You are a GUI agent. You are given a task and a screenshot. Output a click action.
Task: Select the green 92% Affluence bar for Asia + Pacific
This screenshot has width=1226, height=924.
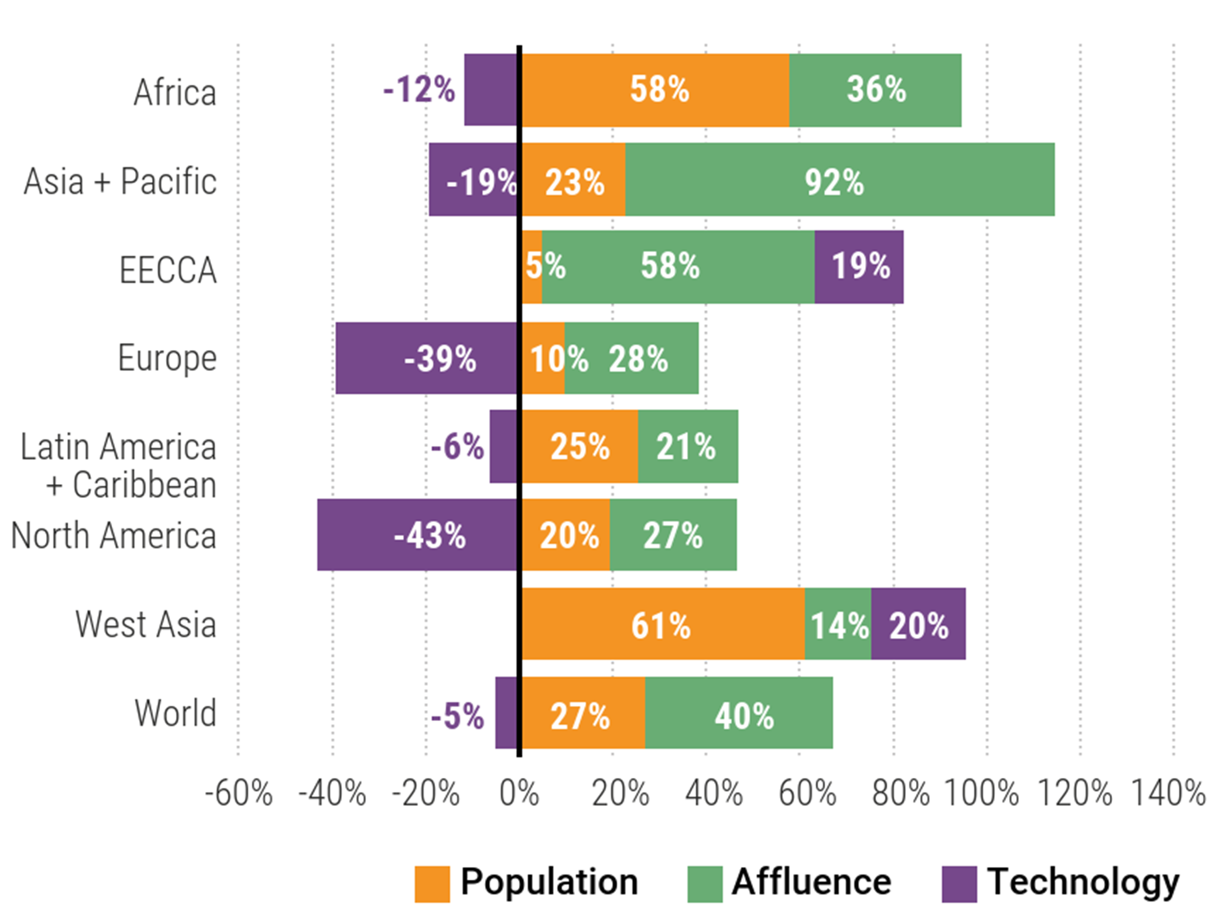(840, 180)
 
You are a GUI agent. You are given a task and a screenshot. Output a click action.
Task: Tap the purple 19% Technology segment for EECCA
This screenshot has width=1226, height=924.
(859, 267)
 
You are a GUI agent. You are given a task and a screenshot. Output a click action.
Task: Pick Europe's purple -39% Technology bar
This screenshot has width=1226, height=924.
(427, 358)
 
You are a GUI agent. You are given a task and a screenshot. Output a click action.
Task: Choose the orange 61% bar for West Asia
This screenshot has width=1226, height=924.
(663, 624)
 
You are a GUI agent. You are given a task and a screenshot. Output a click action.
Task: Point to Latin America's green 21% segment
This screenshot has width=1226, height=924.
(688, 446)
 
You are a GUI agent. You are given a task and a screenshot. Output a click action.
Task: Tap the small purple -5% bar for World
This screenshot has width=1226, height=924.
(506, 713)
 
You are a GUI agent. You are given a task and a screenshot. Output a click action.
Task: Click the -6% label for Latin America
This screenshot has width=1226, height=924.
(457, 446)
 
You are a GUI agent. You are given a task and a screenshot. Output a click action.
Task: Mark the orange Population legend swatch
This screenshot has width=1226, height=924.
(432, 884)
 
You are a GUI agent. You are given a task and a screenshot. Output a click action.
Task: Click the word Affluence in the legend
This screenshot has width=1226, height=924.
(811, 882)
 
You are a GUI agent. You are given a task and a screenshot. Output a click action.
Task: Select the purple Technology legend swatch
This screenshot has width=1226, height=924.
(959, 884)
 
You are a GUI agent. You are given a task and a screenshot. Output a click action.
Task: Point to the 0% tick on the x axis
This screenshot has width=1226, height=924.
(519, 793)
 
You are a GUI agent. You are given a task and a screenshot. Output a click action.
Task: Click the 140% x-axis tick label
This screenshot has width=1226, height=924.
(1168, 793)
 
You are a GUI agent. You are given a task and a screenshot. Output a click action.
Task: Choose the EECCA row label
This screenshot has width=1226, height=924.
(168, 270)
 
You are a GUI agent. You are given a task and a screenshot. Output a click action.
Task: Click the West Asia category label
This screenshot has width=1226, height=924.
(146, 624)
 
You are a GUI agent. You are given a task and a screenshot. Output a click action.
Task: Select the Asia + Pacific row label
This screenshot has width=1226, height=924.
(120, 181)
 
